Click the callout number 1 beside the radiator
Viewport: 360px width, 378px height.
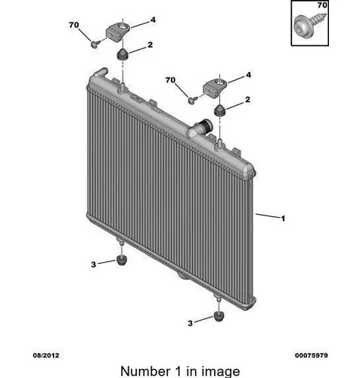283,218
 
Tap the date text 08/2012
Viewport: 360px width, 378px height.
46,355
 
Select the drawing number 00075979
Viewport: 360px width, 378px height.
312,355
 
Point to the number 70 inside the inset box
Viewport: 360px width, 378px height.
322,5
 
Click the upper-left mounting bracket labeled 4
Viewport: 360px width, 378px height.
118,32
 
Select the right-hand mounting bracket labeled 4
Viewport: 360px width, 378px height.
216,87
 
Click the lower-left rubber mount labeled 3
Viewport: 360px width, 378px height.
122,260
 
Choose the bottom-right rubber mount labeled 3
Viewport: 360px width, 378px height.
219,316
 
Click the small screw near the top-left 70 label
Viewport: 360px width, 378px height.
95,44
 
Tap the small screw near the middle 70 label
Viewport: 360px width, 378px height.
192,100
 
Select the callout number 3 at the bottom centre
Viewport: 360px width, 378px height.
190,324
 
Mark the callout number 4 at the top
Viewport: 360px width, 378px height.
153,20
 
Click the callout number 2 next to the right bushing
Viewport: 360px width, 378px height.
248,100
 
